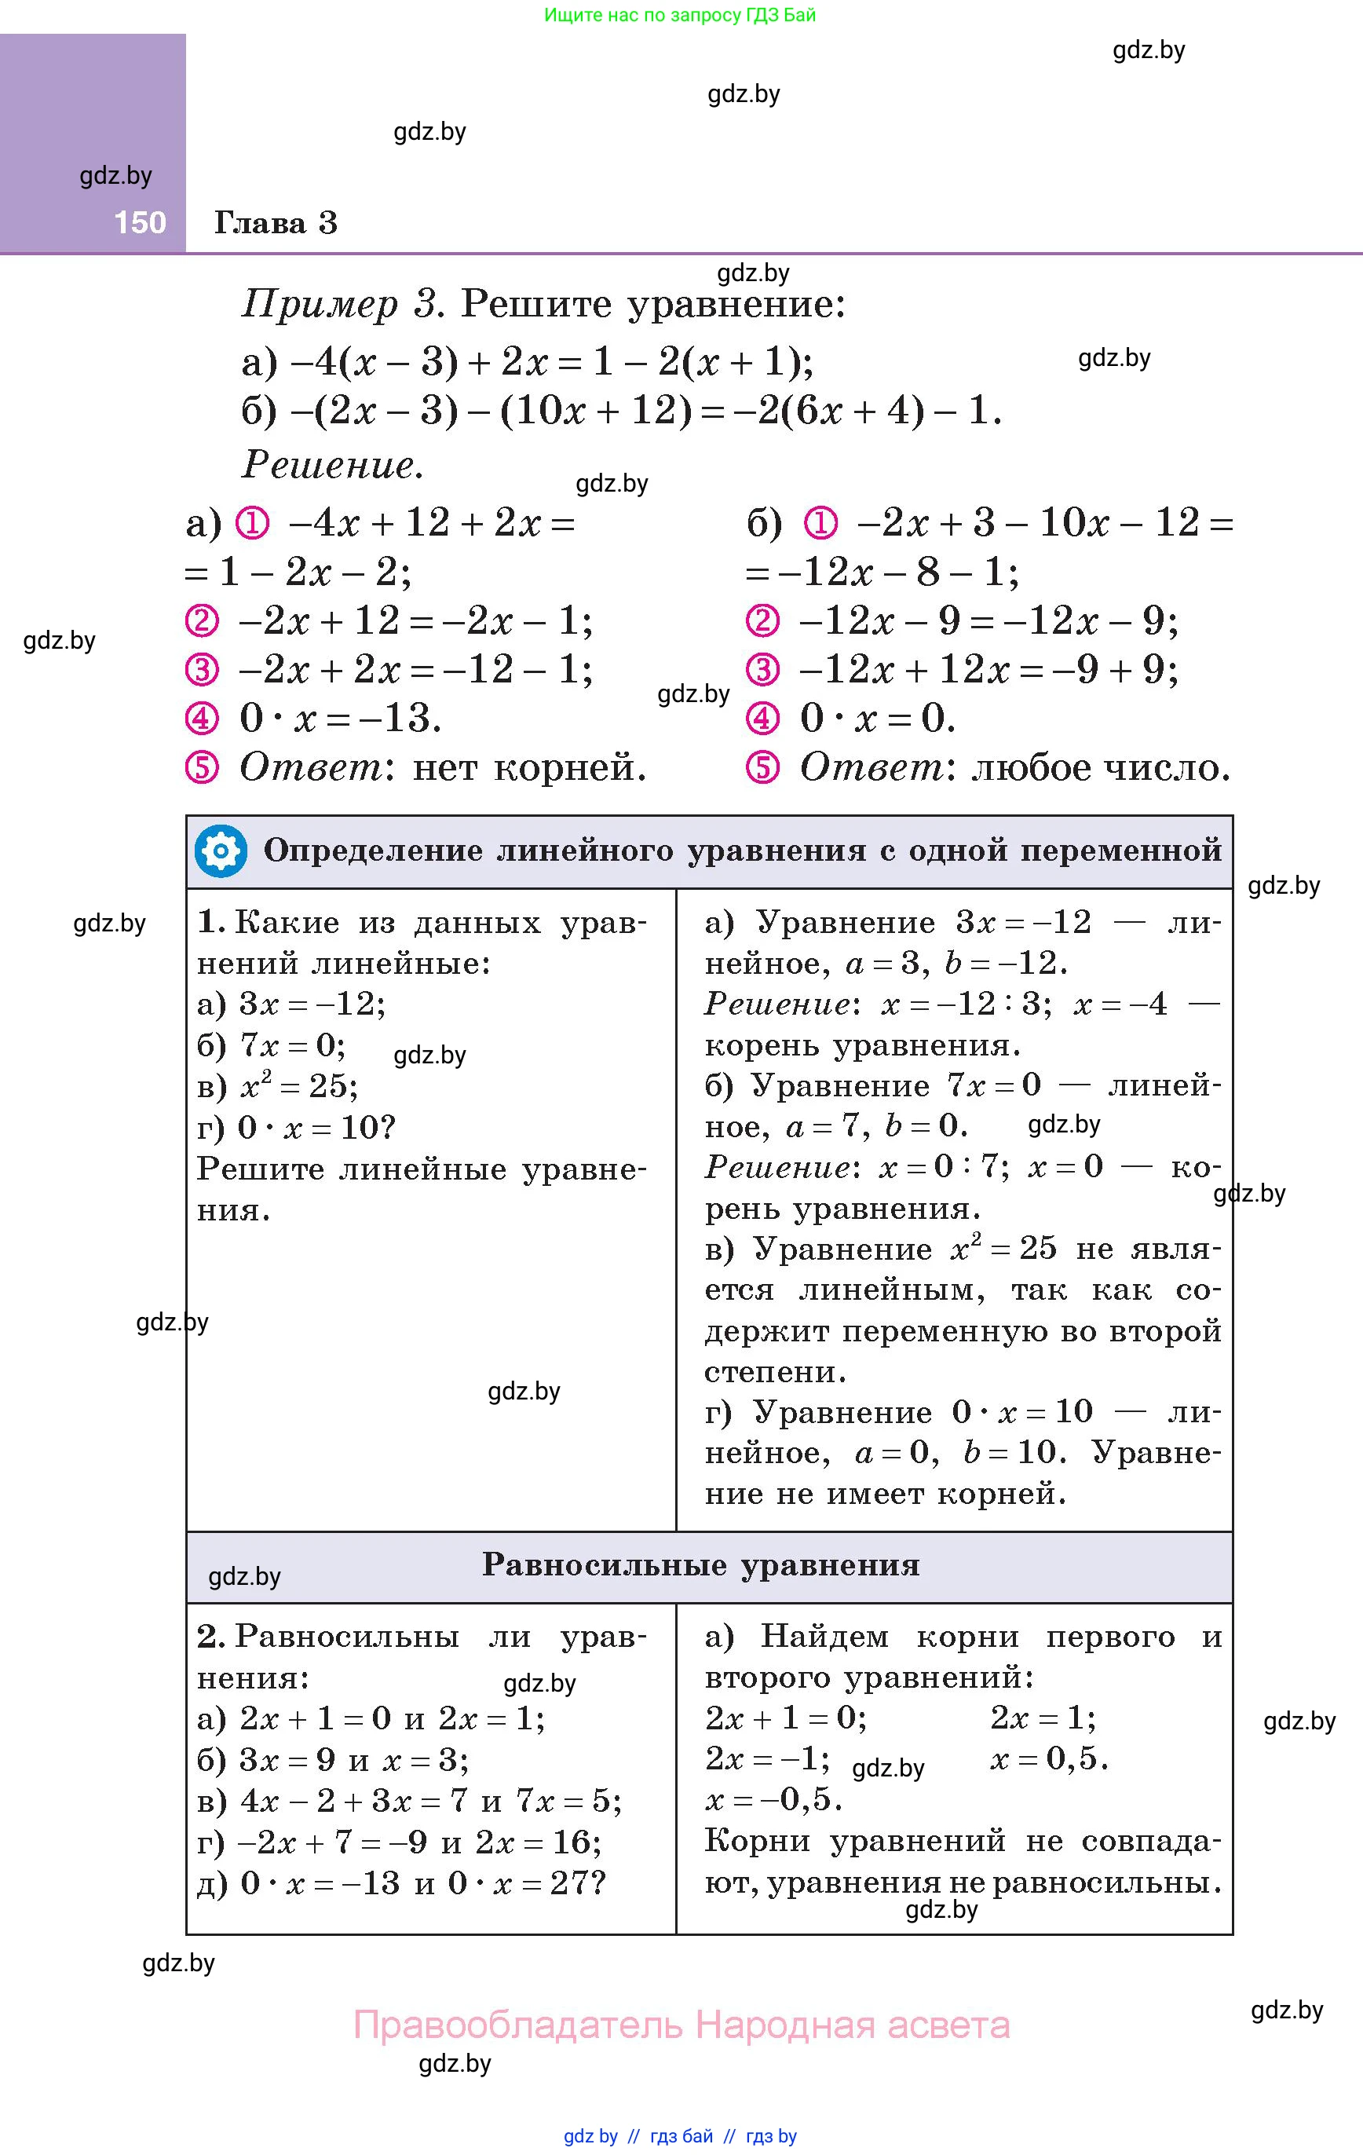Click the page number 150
[x=140, y=222]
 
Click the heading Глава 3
[x=276, y=223]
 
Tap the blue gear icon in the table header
[x=220, y=851]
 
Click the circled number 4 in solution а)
[x=201, y=719]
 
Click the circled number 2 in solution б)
[x=762, y=621]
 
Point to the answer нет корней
[x=529, y=767]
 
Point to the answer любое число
[x=1101, y=767]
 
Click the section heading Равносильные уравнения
[x=701, y=1564]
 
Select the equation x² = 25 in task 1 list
[x=298, y=1085]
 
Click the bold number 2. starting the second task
[x=211, y=1636]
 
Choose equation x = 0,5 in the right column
[x=1048, y=1758]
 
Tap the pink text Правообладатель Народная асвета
[x=681, y=2025]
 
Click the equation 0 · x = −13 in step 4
[x=340, y=719]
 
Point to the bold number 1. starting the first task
[x=211, y=922]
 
